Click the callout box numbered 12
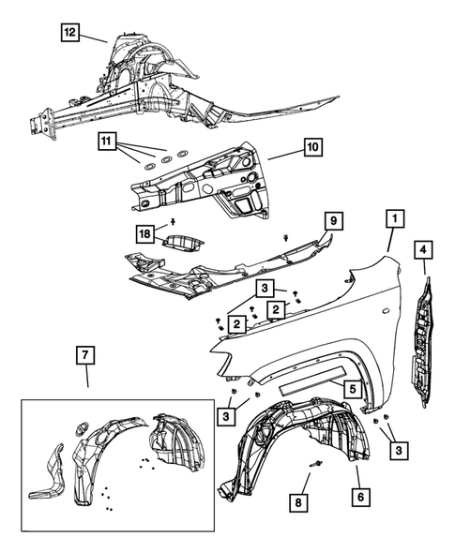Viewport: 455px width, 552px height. pyautogui.click(x=69, y=33)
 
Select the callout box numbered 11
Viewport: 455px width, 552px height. pyautogui.click(x=107, y=142)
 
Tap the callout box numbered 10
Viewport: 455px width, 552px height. pyautogui.click(x=312, y=147)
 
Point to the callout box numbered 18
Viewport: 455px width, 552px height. pyautogui.click(x=145, y=233)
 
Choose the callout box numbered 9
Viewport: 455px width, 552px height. pyautogui.click(x=333, y=221)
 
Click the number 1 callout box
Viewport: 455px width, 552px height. pyautogui.click(x=395, y=218)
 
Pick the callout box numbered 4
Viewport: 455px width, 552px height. pyautogui.click(x=423, y=249)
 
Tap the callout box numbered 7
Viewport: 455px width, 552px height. pyautogui.click(x=85, y=355)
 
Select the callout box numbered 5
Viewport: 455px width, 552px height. pyautogui.click(x=353, y=389)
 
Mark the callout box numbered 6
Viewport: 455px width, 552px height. pyautogui.click(x=360, y=497)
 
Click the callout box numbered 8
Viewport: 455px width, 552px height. pyautogui.click(x=298, y=502)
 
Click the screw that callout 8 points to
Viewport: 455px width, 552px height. pyautogui.click(x=316, y=464)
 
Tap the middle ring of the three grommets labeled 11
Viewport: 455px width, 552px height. pyautogui.click(x=166, y=159)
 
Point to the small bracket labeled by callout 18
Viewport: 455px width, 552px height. pyautogui.click(x=183, y=244)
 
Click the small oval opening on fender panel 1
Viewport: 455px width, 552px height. pyautogui.click(x=387, y=311)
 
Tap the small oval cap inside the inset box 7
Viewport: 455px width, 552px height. pyautogui.click(x=82, y=429)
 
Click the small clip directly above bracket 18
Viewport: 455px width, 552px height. pyautogui.click(x=174, y=221)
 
